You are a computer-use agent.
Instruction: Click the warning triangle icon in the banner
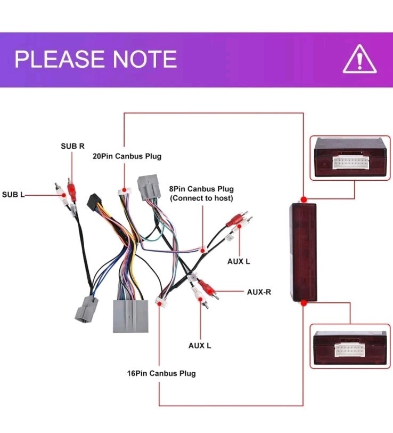[359, 59]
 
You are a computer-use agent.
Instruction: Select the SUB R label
[72, 146]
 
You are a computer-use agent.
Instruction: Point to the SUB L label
[13, 195]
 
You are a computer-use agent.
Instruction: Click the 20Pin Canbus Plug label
[127, 156]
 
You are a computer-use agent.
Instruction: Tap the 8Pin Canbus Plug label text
[201, 189]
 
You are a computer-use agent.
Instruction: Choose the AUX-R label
[259, 292]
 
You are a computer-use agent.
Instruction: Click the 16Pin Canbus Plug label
[161, 373]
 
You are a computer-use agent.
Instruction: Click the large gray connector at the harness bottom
[130, 316]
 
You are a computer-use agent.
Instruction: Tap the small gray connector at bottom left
[86, 309]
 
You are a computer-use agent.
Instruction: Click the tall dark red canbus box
[303, 252]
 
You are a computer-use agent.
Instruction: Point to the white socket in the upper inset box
[350, 163]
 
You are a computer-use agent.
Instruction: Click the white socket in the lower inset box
[350, 350]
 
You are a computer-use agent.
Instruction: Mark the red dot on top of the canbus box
[304, 199]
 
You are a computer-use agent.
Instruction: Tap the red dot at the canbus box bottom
[304, 303]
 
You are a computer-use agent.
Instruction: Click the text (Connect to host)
[201, 198]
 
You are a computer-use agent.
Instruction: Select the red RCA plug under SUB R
[72, 190]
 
